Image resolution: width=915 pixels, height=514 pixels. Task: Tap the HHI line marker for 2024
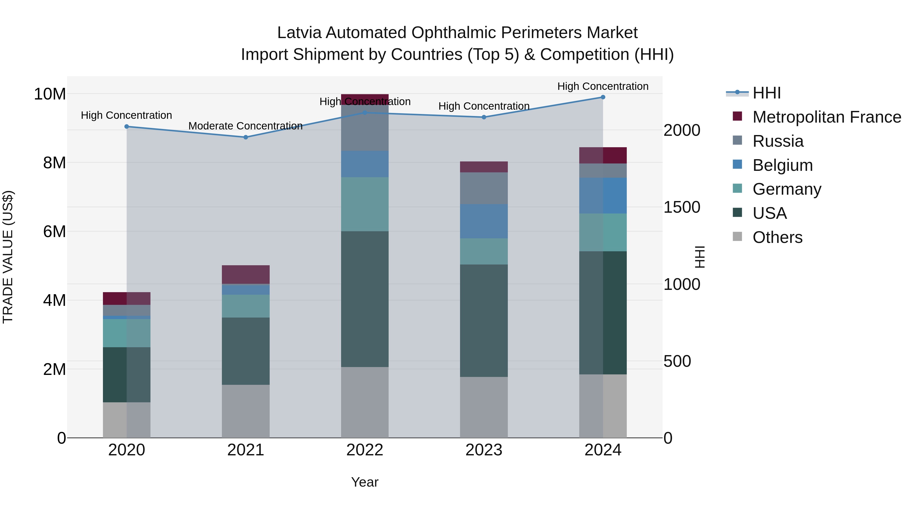(603, 97)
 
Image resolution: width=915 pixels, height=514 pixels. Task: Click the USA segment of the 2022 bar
(364, 299)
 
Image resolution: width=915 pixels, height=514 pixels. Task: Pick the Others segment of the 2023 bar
(483, 407)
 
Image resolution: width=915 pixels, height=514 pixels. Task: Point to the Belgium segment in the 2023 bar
(483, 221)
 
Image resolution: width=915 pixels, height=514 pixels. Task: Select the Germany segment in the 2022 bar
(364, 204)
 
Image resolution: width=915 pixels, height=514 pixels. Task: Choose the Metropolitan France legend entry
(827, 117)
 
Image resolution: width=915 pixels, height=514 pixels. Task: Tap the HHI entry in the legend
(767, 93)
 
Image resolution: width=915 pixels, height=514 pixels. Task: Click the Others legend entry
(777, 237)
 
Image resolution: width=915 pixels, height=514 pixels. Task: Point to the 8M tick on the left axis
(54, 163)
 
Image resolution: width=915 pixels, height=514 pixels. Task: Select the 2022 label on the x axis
(364, 450)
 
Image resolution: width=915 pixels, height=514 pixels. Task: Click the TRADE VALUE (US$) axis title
(8, 257)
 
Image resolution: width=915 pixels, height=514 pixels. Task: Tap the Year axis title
(364, 482)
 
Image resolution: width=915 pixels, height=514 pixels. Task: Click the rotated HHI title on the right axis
(699, 257)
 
